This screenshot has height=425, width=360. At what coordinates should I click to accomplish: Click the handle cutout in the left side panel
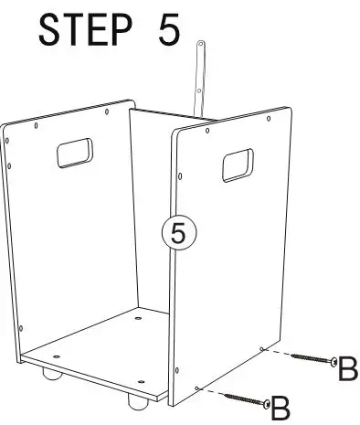[x=75, y=151]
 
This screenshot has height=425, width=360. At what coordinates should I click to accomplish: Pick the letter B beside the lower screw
[x=280, y=404]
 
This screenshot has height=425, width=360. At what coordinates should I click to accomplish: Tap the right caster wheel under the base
[x=136, y=399]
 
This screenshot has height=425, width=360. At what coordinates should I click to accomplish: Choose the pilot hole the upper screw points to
[x=261, y=349]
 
